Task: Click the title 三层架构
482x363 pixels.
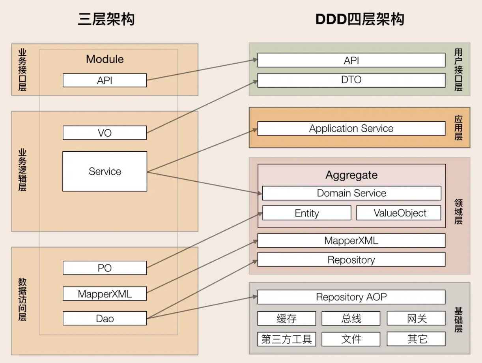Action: [106, 19]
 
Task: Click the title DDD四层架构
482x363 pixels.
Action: [360, 19]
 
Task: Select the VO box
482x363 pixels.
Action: [105, 133]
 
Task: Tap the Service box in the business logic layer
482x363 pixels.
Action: [105, 171]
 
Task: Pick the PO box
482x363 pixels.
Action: [105, 268]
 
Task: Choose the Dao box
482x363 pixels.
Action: [105, 318]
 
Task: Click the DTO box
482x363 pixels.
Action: [351, 80]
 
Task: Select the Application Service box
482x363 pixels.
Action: [351, 128]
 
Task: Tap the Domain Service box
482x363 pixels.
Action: [351, 193]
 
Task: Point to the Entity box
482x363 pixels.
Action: [307, 213]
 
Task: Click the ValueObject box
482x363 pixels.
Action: [398, 213]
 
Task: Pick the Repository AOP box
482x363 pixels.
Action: [351, 297]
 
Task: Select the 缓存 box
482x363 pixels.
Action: [287, 318]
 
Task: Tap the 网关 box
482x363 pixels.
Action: [416, 318]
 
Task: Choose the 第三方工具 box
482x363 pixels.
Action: [287, 339]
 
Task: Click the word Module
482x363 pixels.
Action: [105, 59]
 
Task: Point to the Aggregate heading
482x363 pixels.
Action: [351, 175]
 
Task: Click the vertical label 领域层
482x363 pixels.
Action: [458, 212]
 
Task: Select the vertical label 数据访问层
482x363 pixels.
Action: [22, 299]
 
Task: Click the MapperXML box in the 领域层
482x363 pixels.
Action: [351, 241]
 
